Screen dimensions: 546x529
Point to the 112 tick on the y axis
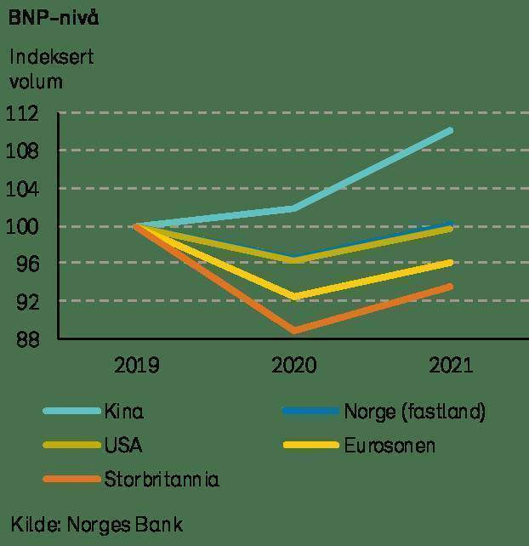pos(27,113)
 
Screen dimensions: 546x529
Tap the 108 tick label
pos(27,151)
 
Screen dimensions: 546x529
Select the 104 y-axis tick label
pos(27,189)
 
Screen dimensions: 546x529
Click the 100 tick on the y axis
pos(27,226)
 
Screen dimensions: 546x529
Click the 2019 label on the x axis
pos(136,366)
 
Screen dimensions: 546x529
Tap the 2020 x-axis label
pos(293,366)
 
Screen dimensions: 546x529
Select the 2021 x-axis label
pos(450,366)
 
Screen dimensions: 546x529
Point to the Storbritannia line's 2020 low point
pos(294,330)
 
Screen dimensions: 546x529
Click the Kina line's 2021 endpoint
pos(450,130)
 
